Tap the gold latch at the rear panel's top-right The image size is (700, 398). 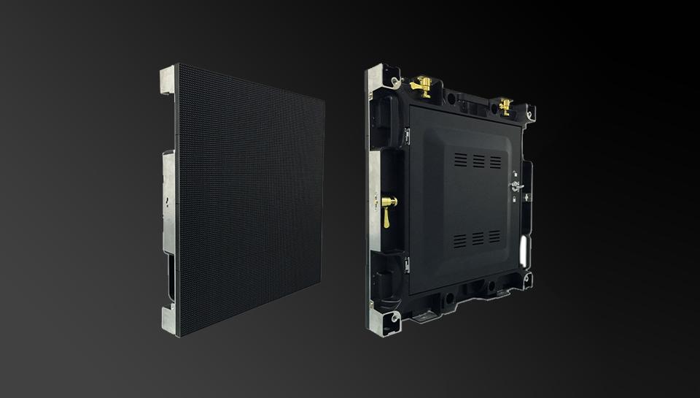point(505,104)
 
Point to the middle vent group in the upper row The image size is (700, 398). point(479,161)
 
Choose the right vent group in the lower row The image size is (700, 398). point(495,237)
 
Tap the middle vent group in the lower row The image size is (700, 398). point(478,238)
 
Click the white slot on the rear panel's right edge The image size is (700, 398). point(523,250)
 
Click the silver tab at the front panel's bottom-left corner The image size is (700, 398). point(169,319)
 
